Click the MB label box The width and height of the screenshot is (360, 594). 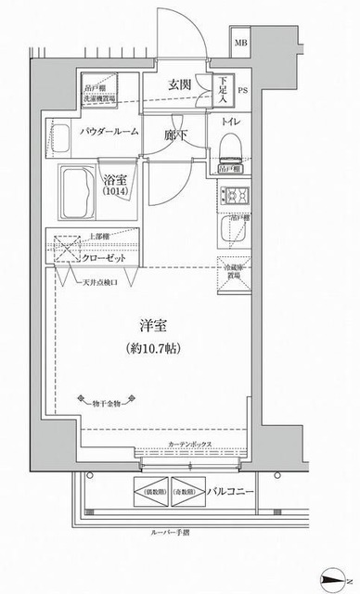coord(240,44)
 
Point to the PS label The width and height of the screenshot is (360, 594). coord(243,92)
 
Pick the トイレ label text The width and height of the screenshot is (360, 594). coord(231,122)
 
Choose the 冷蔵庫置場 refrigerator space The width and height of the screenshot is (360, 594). coord(230,271)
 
